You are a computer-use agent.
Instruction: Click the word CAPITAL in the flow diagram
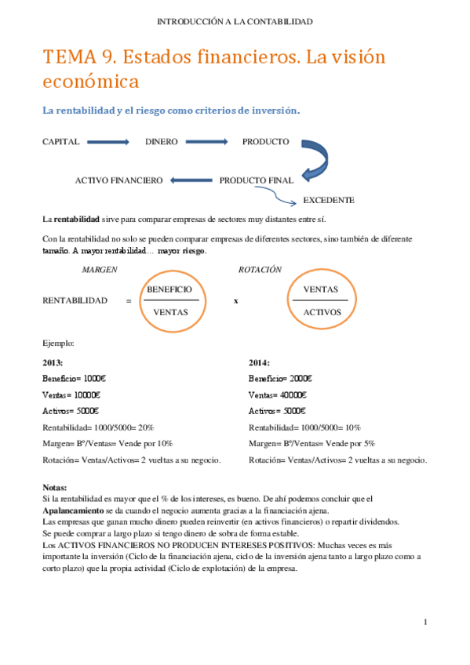[60, 142]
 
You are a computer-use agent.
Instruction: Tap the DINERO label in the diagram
[161, 142]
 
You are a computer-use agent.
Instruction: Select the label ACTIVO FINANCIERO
[118, 180]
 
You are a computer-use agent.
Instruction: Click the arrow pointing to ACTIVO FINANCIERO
[190, 180]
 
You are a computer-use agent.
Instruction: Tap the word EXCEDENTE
[328, 200]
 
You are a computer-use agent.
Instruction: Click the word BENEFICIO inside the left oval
[169, 289]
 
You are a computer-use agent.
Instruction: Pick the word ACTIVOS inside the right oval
[322, 311]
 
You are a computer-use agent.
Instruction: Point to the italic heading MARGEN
[100, 269]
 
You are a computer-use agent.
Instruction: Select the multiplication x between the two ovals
[235, 301]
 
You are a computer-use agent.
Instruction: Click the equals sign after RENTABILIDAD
[128, 301]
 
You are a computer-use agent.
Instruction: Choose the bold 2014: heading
[259, 362]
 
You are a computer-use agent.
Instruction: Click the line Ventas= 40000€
[278, 394]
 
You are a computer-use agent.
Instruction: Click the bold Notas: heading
[55, 487]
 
